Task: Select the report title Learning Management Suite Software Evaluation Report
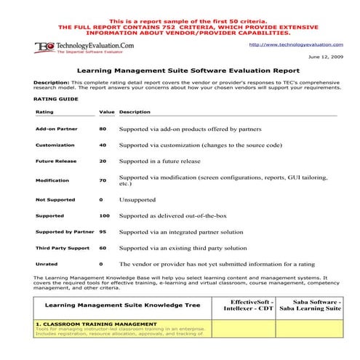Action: pos(179,71)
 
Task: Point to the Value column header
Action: pos(106,113)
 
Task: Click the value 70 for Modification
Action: pos(103,180)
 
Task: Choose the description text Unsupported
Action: pos(137,199)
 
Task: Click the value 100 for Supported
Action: pos(104,215)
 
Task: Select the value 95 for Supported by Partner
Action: pos(103,232)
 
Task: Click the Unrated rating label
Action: pos(47,264)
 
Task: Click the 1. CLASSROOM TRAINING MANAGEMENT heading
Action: pos(95,323)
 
